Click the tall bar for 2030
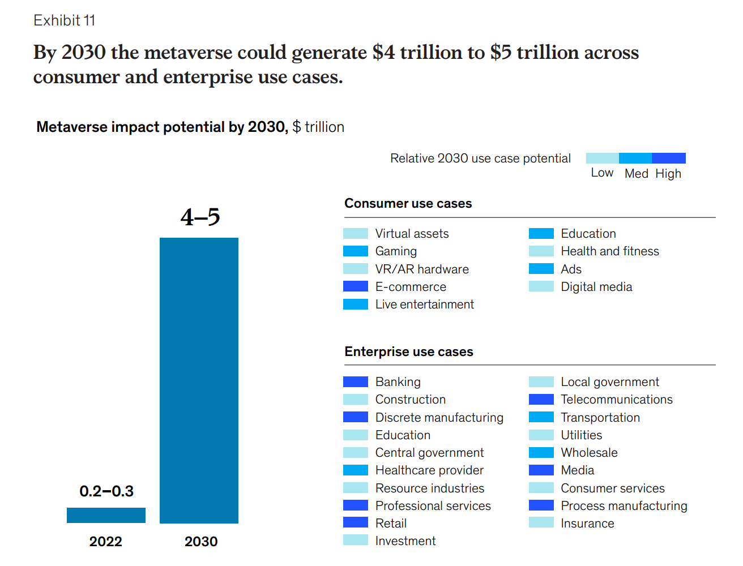[199, 380]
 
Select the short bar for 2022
[106, 515]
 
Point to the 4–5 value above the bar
[200, 217]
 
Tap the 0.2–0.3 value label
[106, 491]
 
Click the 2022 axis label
[106, 542]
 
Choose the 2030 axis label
[201, 542]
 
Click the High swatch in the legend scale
[669, 158]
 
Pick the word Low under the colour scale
[602, 173]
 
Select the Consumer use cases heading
[408, 204]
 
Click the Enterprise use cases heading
[408, 352]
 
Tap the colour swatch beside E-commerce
[356, 286]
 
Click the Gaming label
[396, 251]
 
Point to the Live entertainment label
[424, 305]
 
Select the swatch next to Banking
[356, 382]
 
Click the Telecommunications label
[616, 400]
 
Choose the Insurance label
[587, 524]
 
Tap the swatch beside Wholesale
[541, 453]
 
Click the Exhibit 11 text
[64, 21]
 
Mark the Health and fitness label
[609, 251]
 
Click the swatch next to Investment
[356, 541]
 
